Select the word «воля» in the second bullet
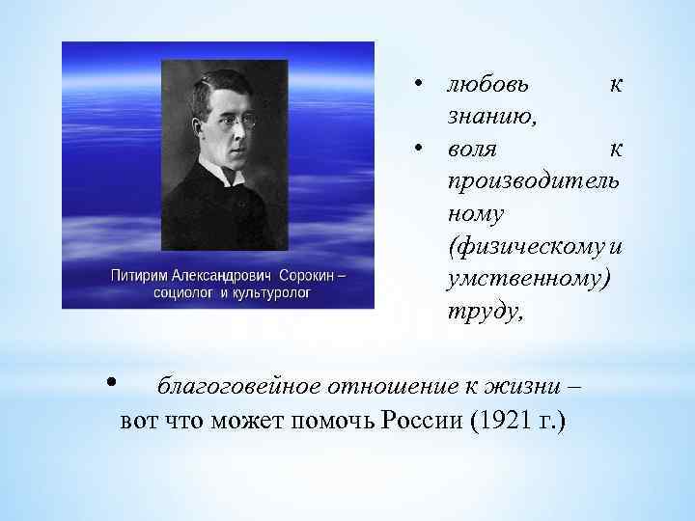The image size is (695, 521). click(x=472, y=151)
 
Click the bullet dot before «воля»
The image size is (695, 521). click(x=419, y=149)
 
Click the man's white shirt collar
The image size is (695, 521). click(x=225, y=177)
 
